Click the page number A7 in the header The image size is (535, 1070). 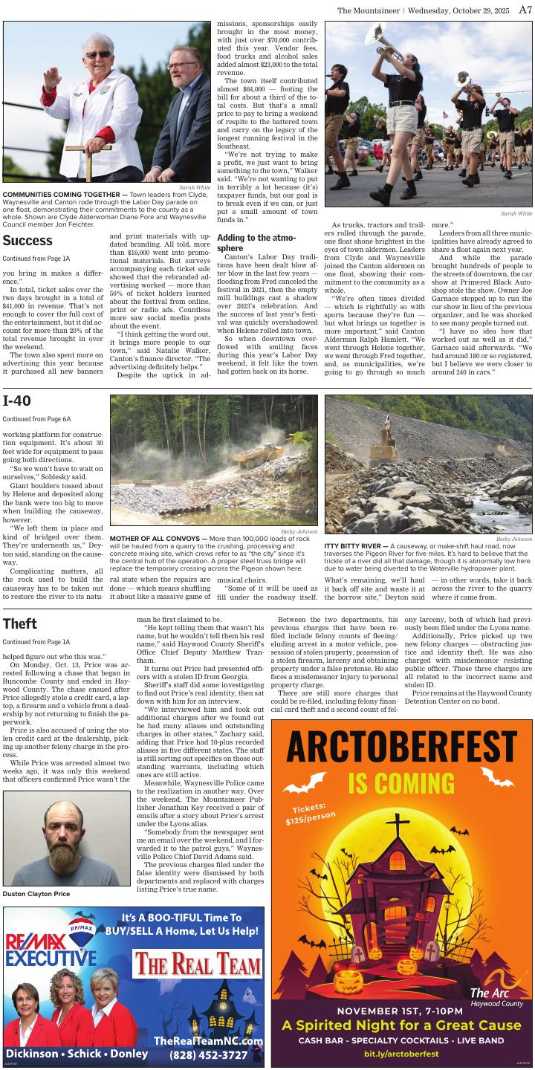525,10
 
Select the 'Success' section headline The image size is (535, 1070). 27,241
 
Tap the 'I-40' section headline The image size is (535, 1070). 16,402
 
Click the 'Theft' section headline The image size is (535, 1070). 19,623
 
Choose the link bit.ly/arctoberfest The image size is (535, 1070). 401,1054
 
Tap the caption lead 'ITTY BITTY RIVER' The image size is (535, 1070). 355,545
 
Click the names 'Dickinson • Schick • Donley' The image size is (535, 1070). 77,1054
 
